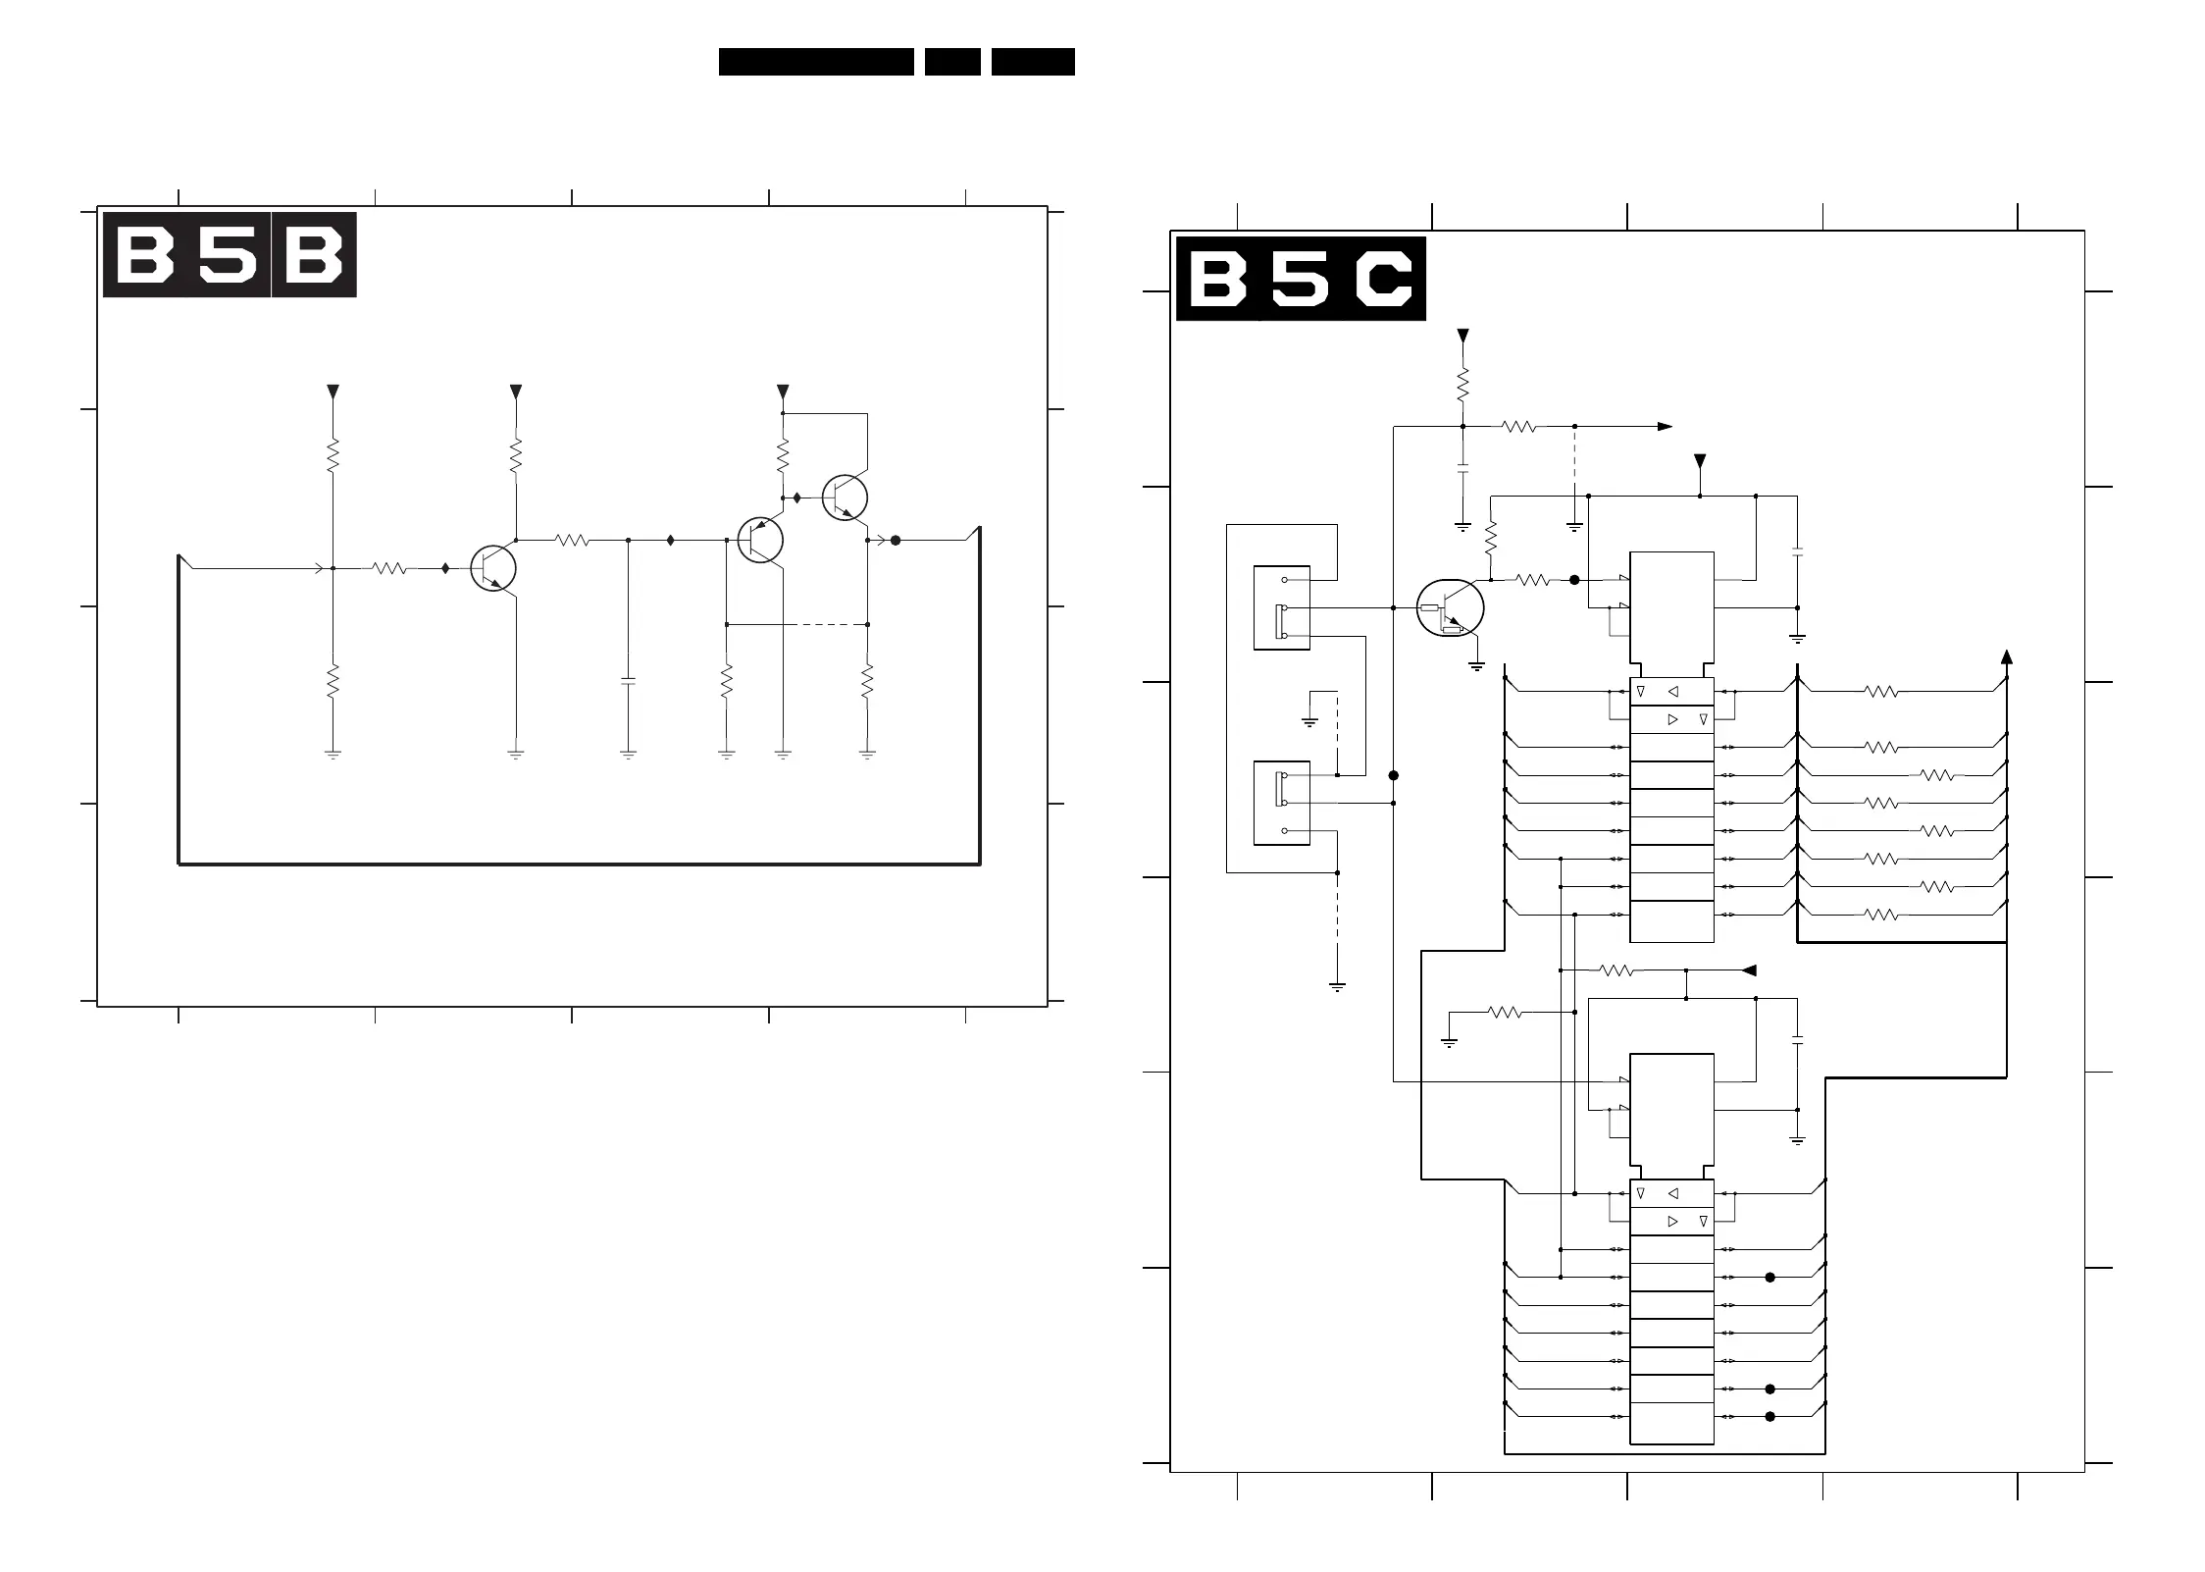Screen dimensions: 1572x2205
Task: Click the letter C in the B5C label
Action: pyautogui.click(x=1383, y=279)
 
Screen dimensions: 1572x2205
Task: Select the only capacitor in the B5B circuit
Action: pyautogui.click(x=629, y=680)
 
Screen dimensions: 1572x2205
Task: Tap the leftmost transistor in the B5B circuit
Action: pyautogui.click(x=493, y=568)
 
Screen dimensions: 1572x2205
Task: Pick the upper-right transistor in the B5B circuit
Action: pyautogui.click(x=846, y=498)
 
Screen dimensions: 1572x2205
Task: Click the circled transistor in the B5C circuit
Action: pyautogui.click(x=1450, y=608)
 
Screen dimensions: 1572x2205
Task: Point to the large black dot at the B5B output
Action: pyautogui.click(x=896, y=540)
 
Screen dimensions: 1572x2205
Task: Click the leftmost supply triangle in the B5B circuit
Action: pyautogui.click(x=333, y=393)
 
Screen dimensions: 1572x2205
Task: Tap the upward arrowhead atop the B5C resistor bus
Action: pyautogui.click(x=2007, y=656)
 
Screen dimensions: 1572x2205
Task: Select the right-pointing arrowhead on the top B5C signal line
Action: pyautogui.click(x=1665, y=427)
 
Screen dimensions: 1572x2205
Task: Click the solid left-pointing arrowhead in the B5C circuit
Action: pyautogui.click(x=1749, y=970)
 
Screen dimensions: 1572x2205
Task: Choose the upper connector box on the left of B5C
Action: pyautogui.click(x=1282, y=607)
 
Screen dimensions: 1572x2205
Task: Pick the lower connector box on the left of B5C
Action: pyautogui.click(x=1282, y=802)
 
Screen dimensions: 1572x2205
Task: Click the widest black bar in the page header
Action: pyautogui.click(x=816, y=62)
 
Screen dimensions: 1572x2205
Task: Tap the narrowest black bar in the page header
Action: pyautogui.click(x=952, y=62)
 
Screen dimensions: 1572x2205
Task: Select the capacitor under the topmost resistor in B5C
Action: pyautogui.click(x=1462, y=470)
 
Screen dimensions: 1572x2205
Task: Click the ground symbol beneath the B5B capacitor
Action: pyautogui.click(x=629, y=755)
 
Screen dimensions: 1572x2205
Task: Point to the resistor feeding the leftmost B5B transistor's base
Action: pyautogui.click(x=389, y=568)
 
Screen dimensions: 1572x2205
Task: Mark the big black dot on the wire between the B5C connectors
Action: pyautogui.click(x=1394, y=775)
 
